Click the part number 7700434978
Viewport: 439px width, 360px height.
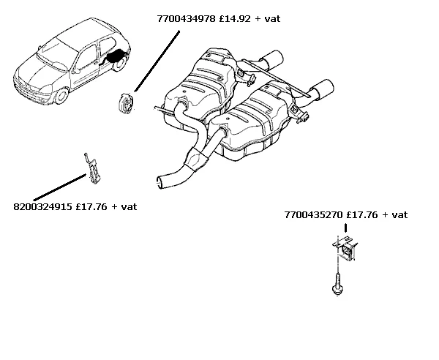click(x=186, y=19)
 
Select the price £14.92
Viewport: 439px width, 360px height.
click(x=235, y=19)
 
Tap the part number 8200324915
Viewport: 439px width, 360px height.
click(x=42, y=207)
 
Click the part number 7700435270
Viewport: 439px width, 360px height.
click(x=314, y=215)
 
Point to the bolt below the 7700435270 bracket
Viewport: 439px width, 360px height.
click(x=337, y=284)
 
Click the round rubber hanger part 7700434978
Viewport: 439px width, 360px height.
click(x=127, y=103)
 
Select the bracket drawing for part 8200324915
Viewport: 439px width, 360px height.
click(x=92, y=168)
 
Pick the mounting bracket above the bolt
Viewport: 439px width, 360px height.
click(x=345, y=247)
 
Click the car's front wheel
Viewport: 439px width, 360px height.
click(x=61, y=96)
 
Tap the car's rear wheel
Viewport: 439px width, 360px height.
click(x=121, y=63)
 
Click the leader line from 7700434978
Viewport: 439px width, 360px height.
click(x=157, y=61)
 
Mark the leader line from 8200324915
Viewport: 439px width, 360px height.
click(x=60, y=187)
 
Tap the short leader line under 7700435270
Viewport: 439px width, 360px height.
click(x=346, y=228)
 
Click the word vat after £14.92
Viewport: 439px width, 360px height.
click(x=272, y=19)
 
